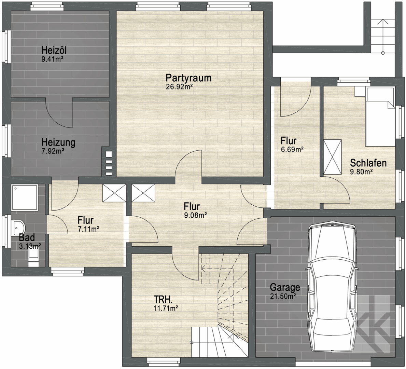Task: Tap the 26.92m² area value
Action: (179, 86)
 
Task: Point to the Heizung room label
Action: (58, 142)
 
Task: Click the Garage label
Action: (285, 287)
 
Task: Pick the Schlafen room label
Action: (368, 163)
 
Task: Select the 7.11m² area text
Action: (88, 229)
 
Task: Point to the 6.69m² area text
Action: (292, 149)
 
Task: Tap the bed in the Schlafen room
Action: (380, 117)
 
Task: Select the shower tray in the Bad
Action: (25, 197)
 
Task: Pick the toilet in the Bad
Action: (33, 257)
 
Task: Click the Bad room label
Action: (27, 237)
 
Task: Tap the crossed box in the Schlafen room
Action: (333, 157)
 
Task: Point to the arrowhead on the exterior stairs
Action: (383, 22)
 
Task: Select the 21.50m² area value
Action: (283, 296)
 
